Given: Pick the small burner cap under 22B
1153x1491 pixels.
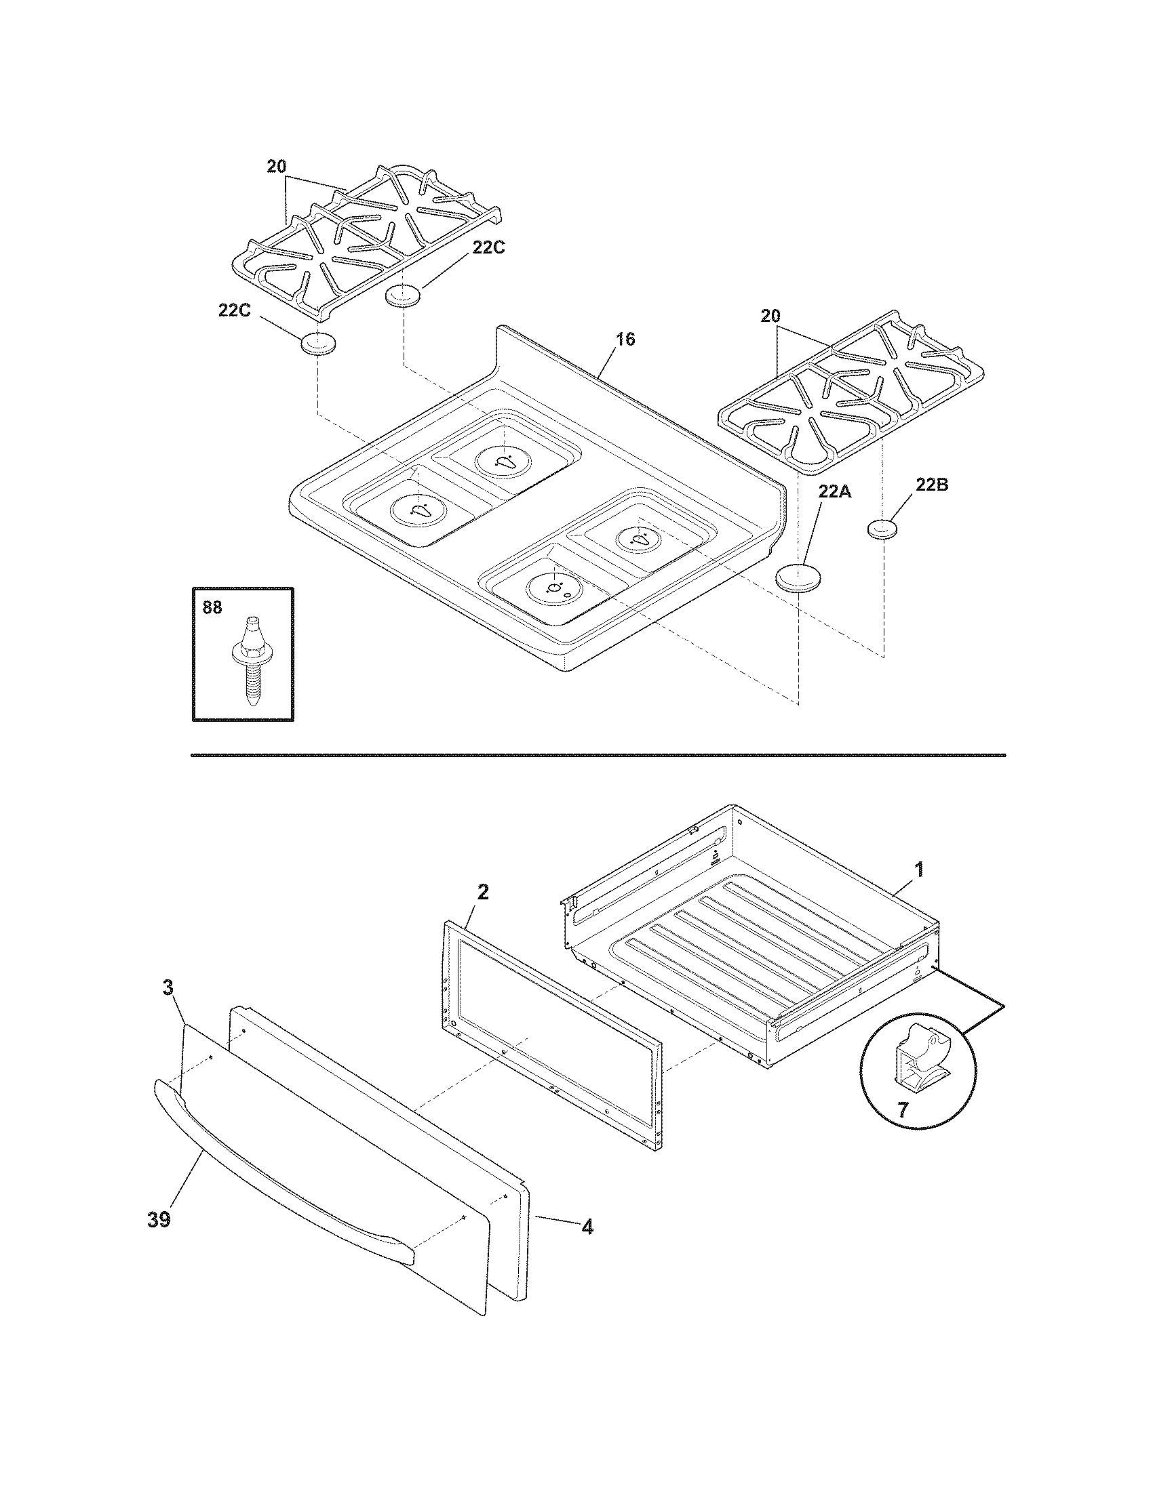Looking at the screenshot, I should click(x=881, y=529).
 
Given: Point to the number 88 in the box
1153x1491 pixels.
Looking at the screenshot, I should click(x=212, y=608).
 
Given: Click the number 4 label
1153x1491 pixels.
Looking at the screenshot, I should click(x=587, y=1227).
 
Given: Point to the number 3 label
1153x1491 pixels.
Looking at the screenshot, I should click(x=168, y=988).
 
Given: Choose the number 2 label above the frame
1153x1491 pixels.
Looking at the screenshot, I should click(x=482, y=893).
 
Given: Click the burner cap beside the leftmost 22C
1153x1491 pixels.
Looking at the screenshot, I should click(x=318, y=344).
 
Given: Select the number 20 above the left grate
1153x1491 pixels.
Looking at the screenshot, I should click(x=276, y=167).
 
